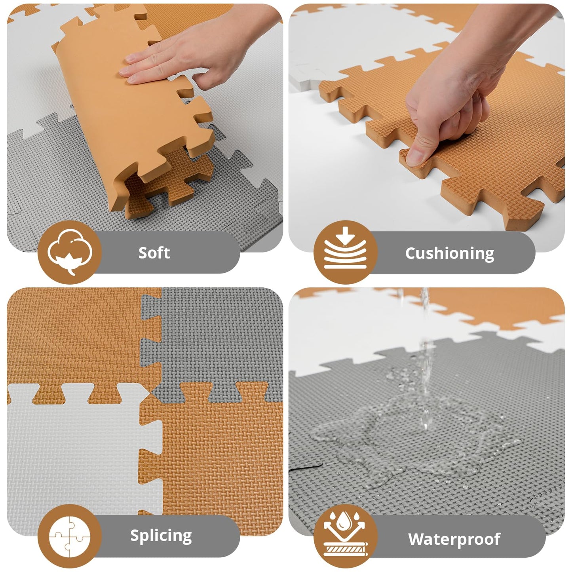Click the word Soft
[x=154, y=253]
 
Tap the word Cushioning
[x=449, y=253]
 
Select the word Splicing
[x=161, y=536]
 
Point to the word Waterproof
[x=454, y=539]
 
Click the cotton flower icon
[x=70, y=252]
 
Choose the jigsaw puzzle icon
[x=70, y=536]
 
